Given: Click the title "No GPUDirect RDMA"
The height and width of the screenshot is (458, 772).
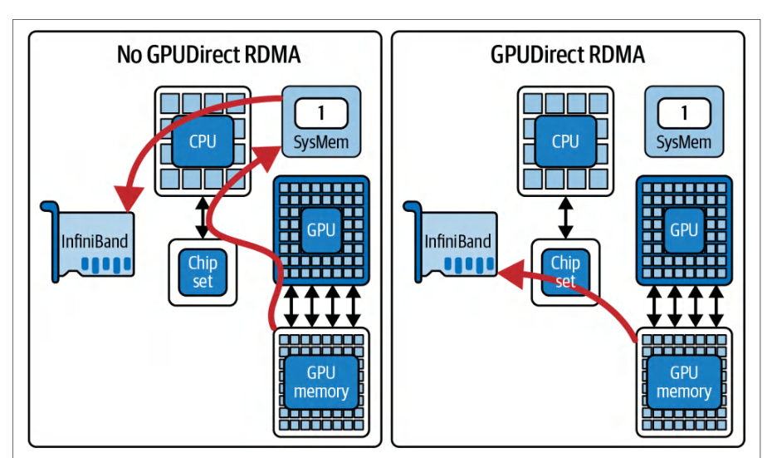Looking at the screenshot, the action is click(208, 54).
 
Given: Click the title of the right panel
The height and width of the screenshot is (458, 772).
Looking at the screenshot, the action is click(567, 54).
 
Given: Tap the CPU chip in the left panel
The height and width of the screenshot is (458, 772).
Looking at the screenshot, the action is click(203, 141).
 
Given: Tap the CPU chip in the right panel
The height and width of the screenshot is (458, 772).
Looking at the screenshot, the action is click(565, 141).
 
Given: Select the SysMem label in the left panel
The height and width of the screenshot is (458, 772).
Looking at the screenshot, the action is click(321, 142).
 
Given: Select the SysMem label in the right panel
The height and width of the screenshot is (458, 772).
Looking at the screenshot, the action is click(684, 142).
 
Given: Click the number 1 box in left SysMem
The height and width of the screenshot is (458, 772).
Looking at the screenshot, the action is click(321, 113).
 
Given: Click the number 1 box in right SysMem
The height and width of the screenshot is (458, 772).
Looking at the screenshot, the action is click(684, 113).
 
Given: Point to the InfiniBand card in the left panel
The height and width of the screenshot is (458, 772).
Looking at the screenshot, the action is click(89, 243).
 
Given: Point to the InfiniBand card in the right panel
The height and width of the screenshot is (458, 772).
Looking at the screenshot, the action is click(452, 243).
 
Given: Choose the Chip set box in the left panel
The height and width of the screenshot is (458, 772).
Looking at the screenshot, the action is click(203, 273).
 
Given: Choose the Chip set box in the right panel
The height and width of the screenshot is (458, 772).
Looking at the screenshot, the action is click(565, 273).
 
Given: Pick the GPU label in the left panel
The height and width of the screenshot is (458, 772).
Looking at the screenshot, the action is click(321, 230).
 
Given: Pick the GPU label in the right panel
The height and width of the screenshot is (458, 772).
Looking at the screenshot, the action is click(684, 230).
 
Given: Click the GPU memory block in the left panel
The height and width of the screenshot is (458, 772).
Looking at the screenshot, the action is click(321, 382).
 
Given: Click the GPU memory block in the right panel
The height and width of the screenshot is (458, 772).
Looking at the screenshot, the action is click(684, 382).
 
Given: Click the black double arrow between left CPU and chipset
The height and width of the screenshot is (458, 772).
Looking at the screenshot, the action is click(203, 218).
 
